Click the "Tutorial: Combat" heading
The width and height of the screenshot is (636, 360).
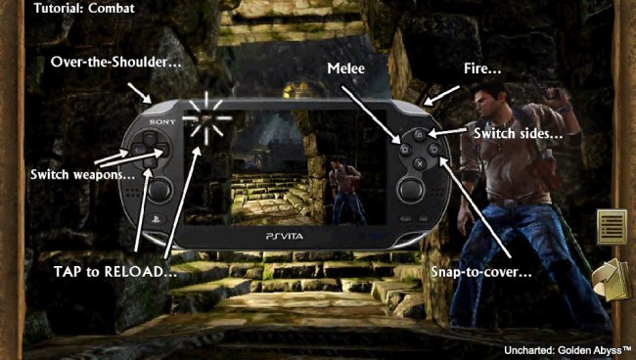[x=85, y=9]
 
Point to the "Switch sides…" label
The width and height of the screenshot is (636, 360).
[x=518, y=132]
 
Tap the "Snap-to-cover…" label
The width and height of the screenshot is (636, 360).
[x=480, y=271]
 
